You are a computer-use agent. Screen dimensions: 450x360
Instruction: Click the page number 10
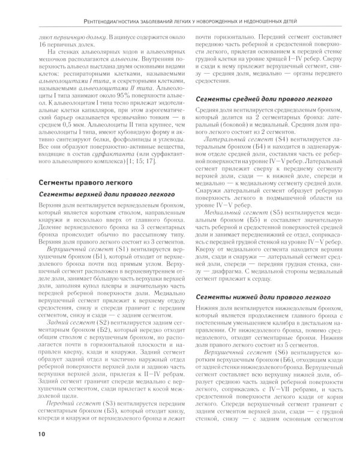[41, 433]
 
